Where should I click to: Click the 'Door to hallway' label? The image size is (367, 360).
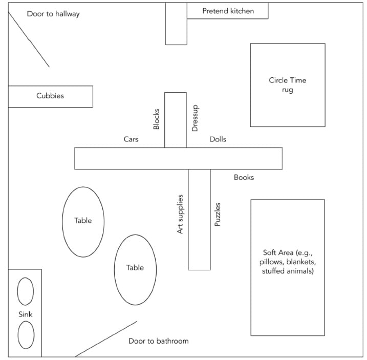(53, 14)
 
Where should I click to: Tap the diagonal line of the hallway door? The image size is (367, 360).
(29, 39)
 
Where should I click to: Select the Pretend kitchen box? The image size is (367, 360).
(227, 11)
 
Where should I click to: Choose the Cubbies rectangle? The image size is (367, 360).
(50, 96)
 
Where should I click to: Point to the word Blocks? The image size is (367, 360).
(157, 119)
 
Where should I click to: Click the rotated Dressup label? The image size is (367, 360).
(195, 119)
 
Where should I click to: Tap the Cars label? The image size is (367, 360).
(131, 139)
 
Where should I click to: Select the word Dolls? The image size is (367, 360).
(218, 139)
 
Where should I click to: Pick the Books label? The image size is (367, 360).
(244, 177)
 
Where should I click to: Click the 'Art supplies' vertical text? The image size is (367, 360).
(180, 214)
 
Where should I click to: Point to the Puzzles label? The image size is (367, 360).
(218, 214)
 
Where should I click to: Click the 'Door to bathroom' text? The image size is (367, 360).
(158, 341)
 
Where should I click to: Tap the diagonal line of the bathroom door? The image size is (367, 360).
(106, 339)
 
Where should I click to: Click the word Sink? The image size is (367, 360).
(26, 314)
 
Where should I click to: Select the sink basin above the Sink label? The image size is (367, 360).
(26, 291)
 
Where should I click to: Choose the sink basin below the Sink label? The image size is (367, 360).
(26, 335)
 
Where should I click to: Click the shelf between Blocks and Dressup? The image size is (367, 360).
(176, 120)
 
